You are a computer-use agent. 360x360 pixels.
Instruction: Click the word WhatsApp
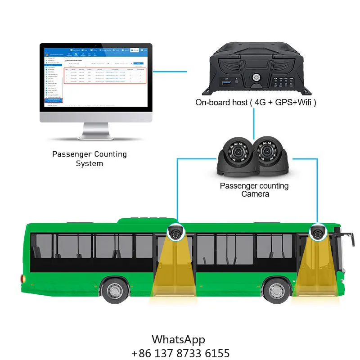click(178, 339)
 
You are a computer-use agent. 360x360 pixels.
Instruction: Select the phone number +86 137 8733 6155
click(180, 353)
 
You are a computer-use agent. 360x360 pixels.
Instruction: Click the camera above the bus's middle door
click(175, 233)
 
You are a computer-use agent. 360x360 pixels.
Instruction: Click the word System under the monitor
click(89, 163)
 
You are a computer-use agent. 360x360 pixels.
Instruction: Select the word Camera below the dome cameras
click(255, 194)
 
